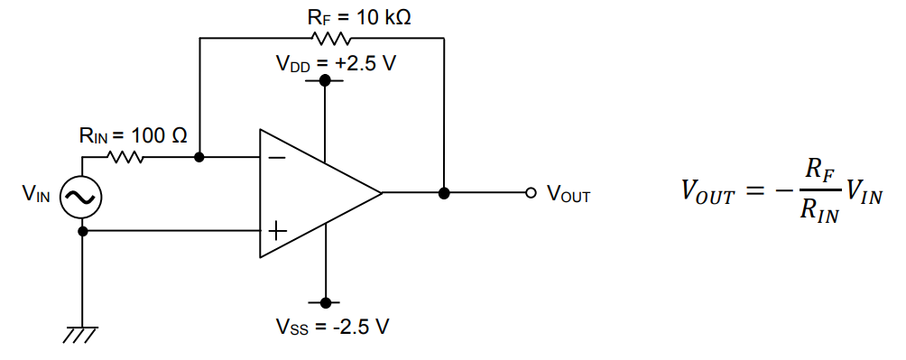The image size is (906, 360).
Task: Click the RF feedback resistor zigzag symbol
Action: (330, 39)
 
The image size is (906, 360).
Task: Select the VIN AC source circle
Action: (81, 196)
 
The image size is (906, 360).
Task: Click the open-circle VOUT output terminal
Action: (532, 193)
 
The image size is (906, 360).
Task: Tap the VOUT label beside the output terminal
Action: (569, 194)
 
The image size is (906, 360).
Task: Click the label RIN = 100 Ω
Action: (134, 135)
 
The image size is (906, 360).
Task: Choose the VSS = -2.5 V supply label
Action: (333, 326)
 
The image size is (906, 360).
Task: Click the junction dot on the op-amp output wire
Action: (444, 193)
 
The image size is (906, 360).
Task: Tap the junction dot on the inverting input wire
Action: (199, 157)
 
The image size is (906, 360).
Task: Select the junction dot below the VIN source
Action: (83, 231)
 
